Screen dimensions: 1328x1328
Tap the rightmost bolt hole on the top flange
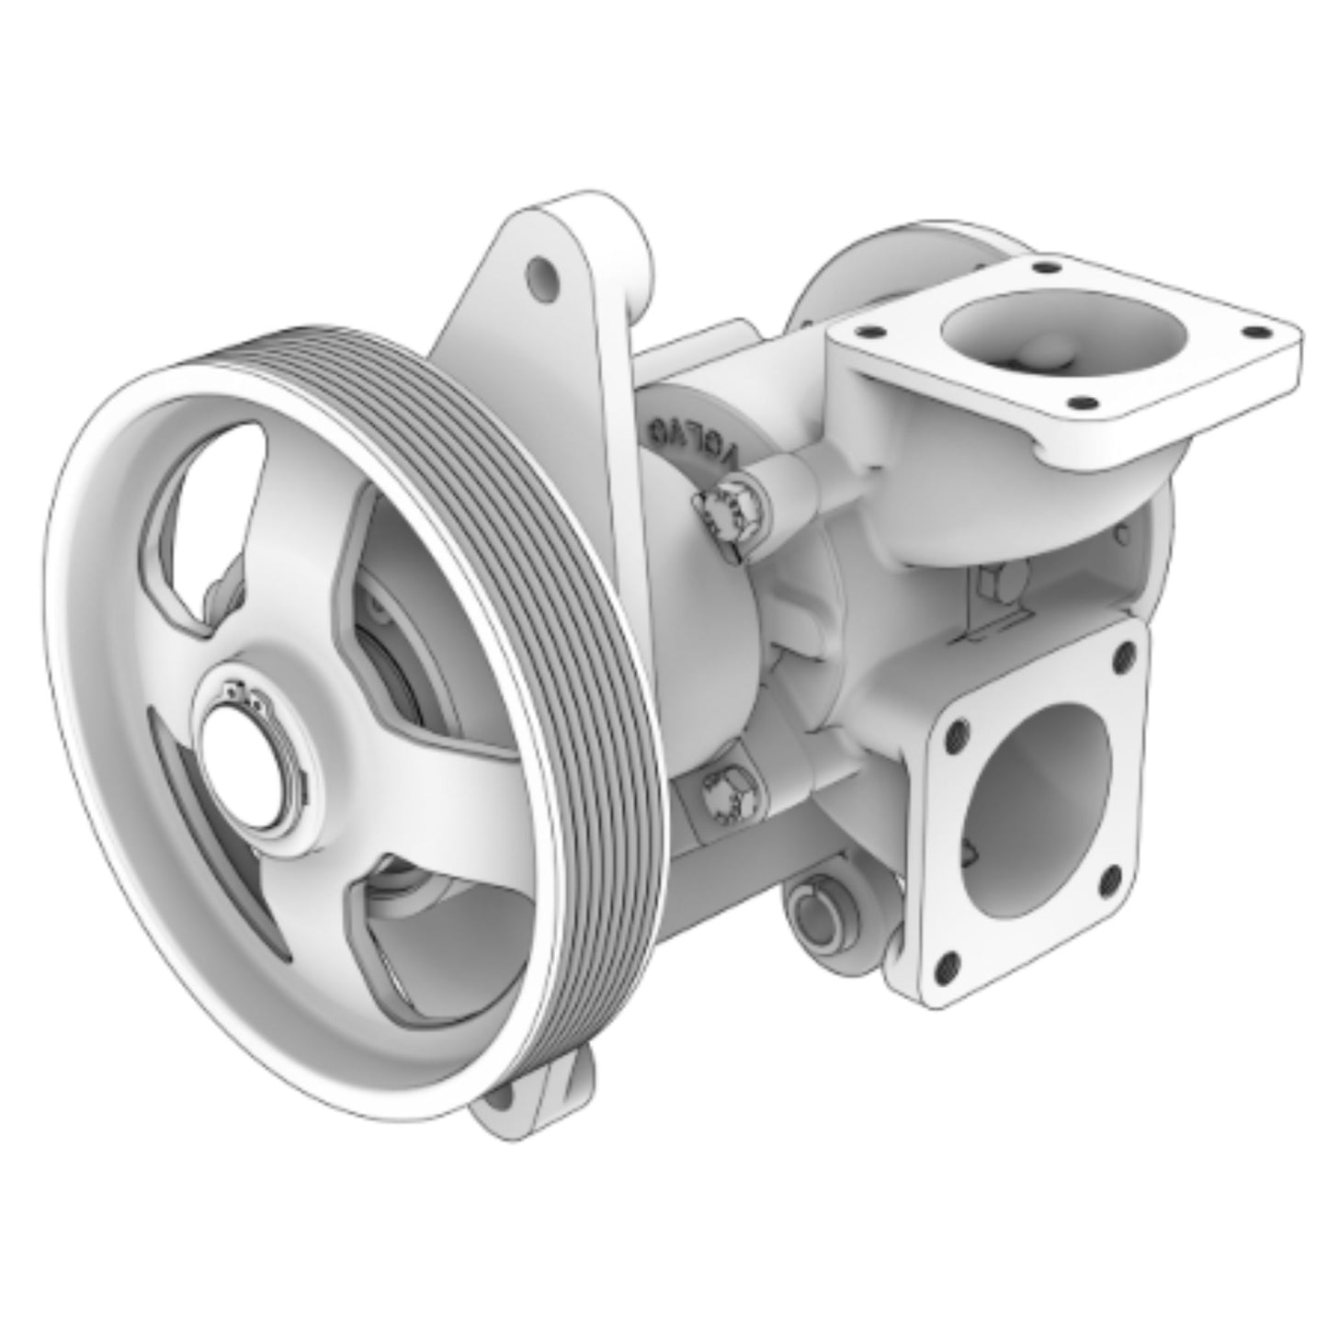coord(1248,333)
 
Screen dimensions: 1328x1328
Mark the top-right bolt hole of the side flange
coord(1122,656)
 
